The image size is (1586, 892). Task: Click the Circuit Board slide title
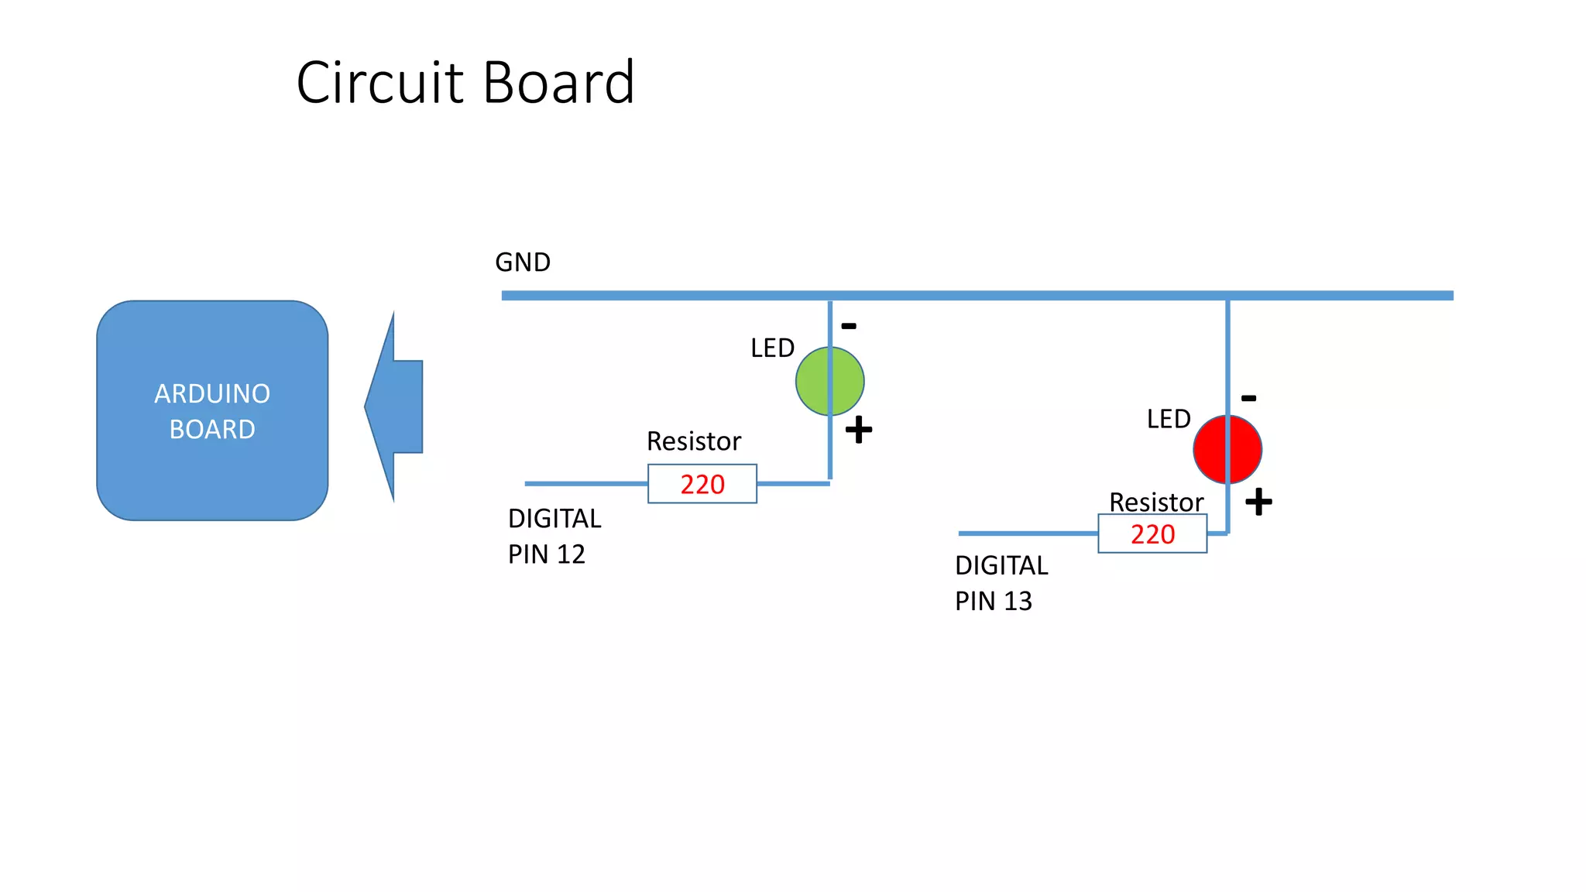pyautogui.click(x=465, y=82)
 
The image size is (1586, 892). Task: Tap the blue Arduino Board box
pyautogui.click(x=212, y=410)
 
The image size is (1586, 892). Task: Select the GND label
pyautogui.click(x=523, y=262)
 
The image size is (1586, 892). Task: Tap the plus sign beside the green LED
pyautogui.click(x=859, y=430)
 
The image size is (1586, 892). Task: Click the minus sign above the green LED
pyautogui.click(x=849, y=326)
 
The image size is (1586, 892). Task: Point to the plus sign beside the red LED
pyautogui.click(x=1258, y=502)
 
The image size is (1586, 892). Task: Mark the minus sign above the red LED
pyautogui.click(x=1248, y=399)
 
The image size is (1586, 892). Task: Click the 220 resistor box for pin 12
pyautogui.click(x=702, y=484)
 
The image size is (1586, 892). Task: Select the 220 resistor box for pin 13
pyautogui.click(x=1152, y=533)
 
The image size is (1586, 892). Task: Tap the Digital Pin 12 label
pyautogui.click(x=554, y=536)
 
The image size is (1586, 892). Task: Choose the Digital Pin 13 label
pyautogui.click(x=1001, y=583)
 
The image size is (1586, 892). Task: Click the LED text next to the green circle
pyautogui.click(x=772, y=348)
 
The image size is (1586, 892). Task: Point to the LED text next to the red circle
pyautogui.click(x=1169, y=419)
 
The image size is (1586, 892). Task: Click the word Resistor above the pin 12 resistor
pyautogui.click(x=694, y=441)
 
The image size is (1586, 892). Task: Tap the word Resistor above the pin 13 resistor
pyautogui.click(x=1156, y=502)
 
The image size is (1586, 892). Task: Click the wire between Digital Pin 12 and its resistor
pyautogui.click(x=586, y=484)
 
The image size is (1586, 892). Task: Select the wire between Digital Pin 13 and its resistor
pyautogui.click(x=1028, y=533)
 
